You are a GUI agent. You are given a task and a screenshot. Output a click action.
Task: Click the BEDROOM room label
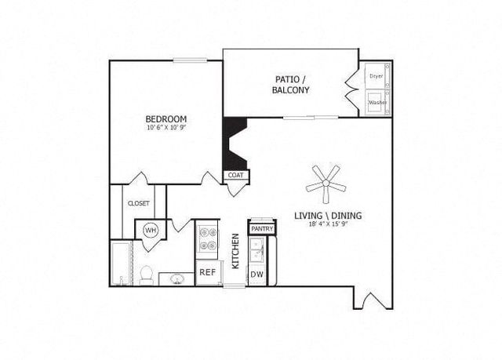166,119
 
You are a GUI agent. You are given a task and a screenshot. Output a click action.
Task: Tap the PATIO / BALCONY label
291,85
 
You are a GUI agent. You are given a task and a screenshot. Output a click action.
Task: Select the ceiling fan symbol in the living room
326,184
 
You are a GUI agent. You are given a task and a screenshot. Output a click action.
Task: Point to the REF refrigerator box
208,272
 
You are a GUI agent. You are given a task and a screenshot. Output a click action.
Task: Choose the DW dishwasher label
256,275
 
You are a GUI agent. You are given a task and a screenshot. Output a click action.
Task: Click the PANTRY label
262,229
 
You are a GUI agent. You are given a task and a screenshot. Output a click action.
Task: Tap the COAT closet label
235,175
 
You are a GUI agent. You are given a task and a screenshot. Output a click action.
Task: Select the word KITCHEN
235,251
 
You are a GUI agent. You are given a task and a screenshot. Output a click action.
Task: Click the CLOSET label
139,203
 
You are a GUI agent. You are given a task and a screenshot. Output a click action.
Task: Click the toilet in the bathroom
147,275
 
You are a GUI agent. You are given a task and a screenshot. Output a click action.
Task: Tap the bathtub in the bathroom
122,263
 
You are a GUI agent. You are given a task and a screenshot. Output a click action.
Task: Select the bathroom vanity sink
176,279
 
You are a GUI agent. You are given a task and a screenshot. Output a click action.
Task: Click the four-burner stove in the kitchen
207,238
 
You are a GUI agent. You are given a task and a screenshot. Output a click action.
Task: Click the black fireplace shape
235,144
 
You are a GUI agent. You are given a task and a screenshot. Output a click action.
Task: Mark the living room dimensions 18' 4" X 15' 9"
328,224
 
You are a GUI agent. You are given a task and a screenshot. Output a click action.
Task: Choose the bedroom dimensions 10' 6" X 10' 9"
166,127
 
